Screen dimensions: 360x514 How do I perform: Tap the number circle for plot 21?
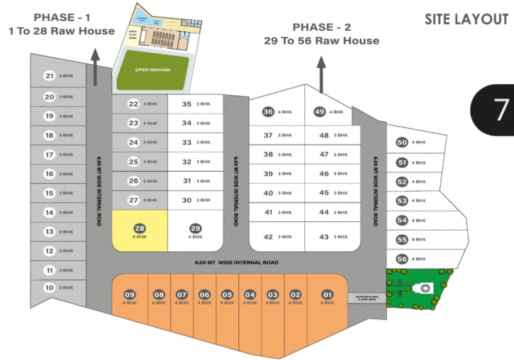coord(49,76)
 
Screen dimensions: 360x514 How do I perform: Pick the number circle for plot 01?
coord(328,295)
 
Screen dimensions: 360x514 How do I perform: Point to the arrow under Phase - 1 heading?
coord(95,67)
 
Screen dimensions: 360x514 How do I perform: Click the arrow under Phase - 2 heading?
coord(322,73)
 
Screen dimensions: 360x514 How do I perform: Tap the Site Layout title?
coord(466,19)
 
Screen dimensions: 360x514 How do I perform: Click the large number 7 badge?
coord(499,110)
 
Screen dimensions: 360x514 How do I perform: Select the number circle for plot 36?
coord(269,112)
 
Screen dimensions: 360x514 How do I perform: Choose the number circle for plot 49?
coord(319,112)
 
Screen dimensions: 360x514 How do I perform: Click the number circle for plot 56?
coord(402,259)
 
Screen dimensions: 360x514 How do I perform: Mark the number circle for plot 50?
coord(402,143)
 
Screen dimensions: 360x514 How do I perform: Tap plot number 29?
coord(195,228)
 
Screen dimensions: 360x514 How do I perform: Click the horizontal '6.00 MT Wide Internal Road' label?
coord(237,262)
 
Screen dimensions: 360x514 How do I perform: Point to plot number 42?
coord(269,237)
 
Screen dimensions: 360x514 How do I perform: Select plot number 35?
coord(187,104)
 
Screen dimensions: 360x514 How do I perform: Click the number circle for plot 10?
coord(49,289)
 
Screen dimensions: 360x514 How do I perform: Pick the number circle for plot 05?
coord(227,295)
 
